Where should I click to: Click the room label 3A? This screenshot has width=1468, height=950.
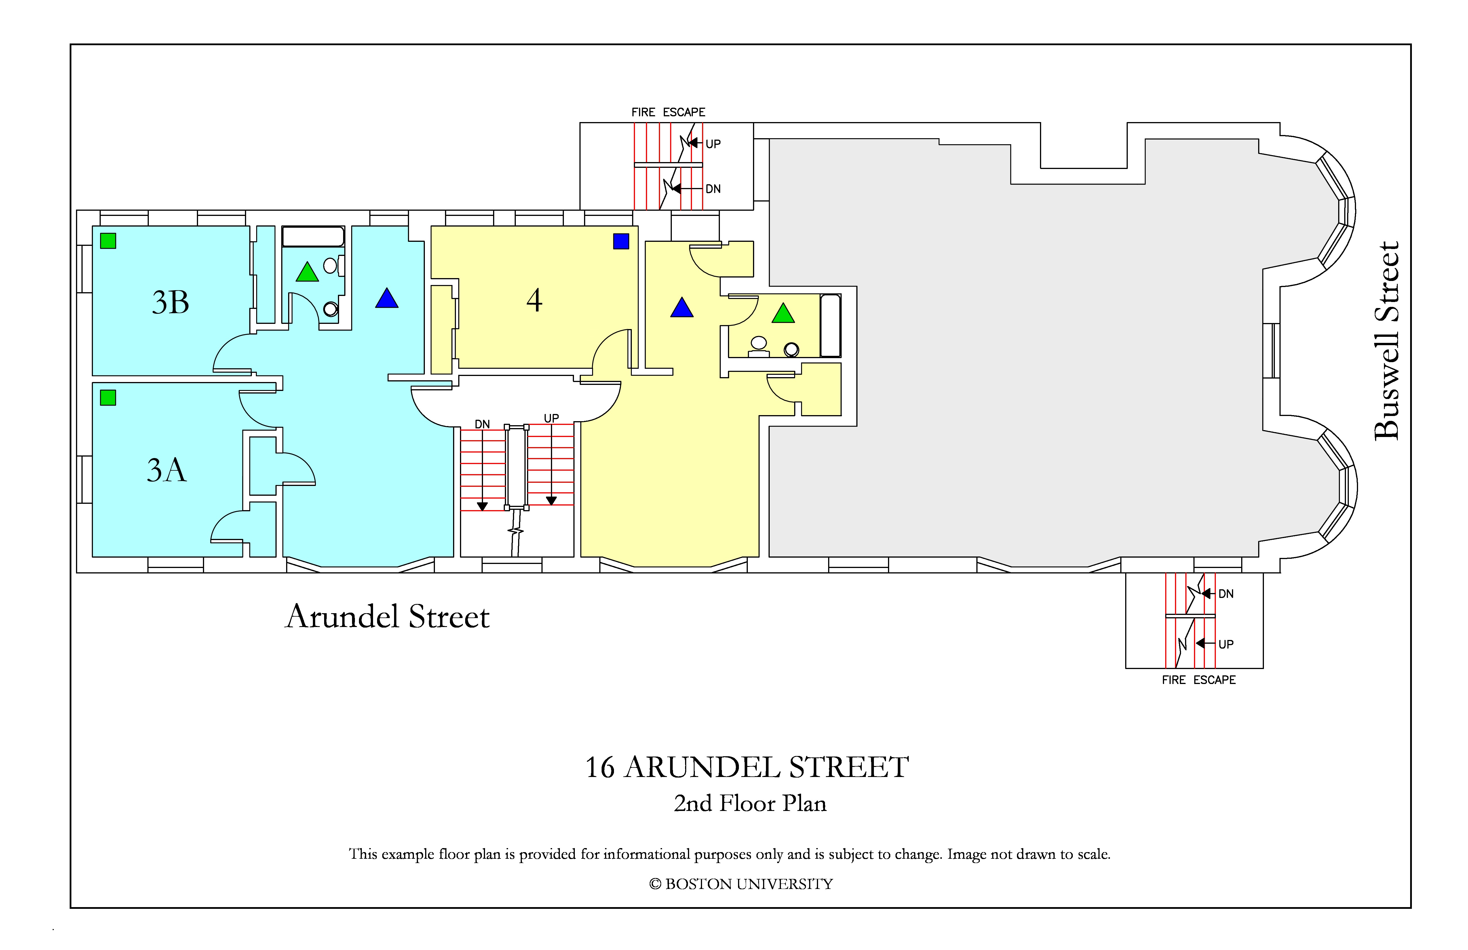tap(167, 470)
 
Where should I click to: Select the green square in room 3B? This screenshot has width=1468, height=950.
tap(108, 241)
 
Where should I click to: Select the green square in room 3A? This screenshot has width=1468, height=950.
tap(108, 398)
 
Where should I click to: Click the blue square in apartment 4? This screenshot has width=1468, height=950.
tap(621, 241)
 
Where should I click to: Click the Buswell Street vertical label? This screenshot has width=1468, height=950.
tap(1387, 341)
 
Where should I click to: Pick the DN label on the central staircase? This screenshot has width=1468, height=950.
tap(482, 424)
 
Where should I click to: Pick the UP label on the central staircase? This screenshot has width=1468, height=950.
tap(552, 418)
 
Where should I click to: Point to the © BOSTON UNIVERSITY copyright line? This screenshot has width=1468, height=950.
tap(741, 884)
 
